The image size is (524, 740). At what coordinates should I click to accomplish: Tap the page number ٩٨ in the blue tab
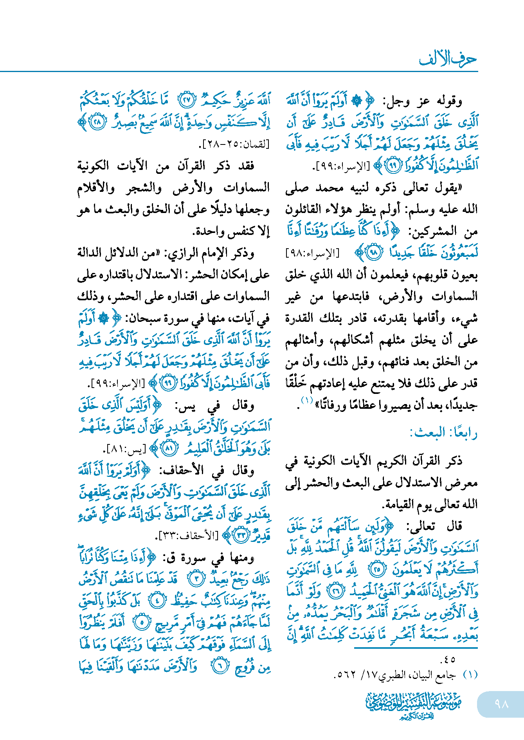(501, 704)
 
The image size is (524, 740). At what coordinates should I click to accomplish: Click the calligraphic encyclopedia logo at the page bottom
(414, 705)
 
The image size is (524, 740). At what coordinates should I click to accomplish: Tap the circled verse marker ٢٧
(187, 101)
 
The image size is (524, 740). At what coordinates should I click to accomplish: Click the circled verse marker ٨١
(169, 448)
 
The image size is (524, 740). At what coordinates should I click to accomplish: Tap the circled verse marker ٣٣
(241, 535)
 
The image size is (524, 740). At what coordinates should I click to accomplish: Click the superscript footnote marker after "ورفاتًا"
(306, 401)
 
